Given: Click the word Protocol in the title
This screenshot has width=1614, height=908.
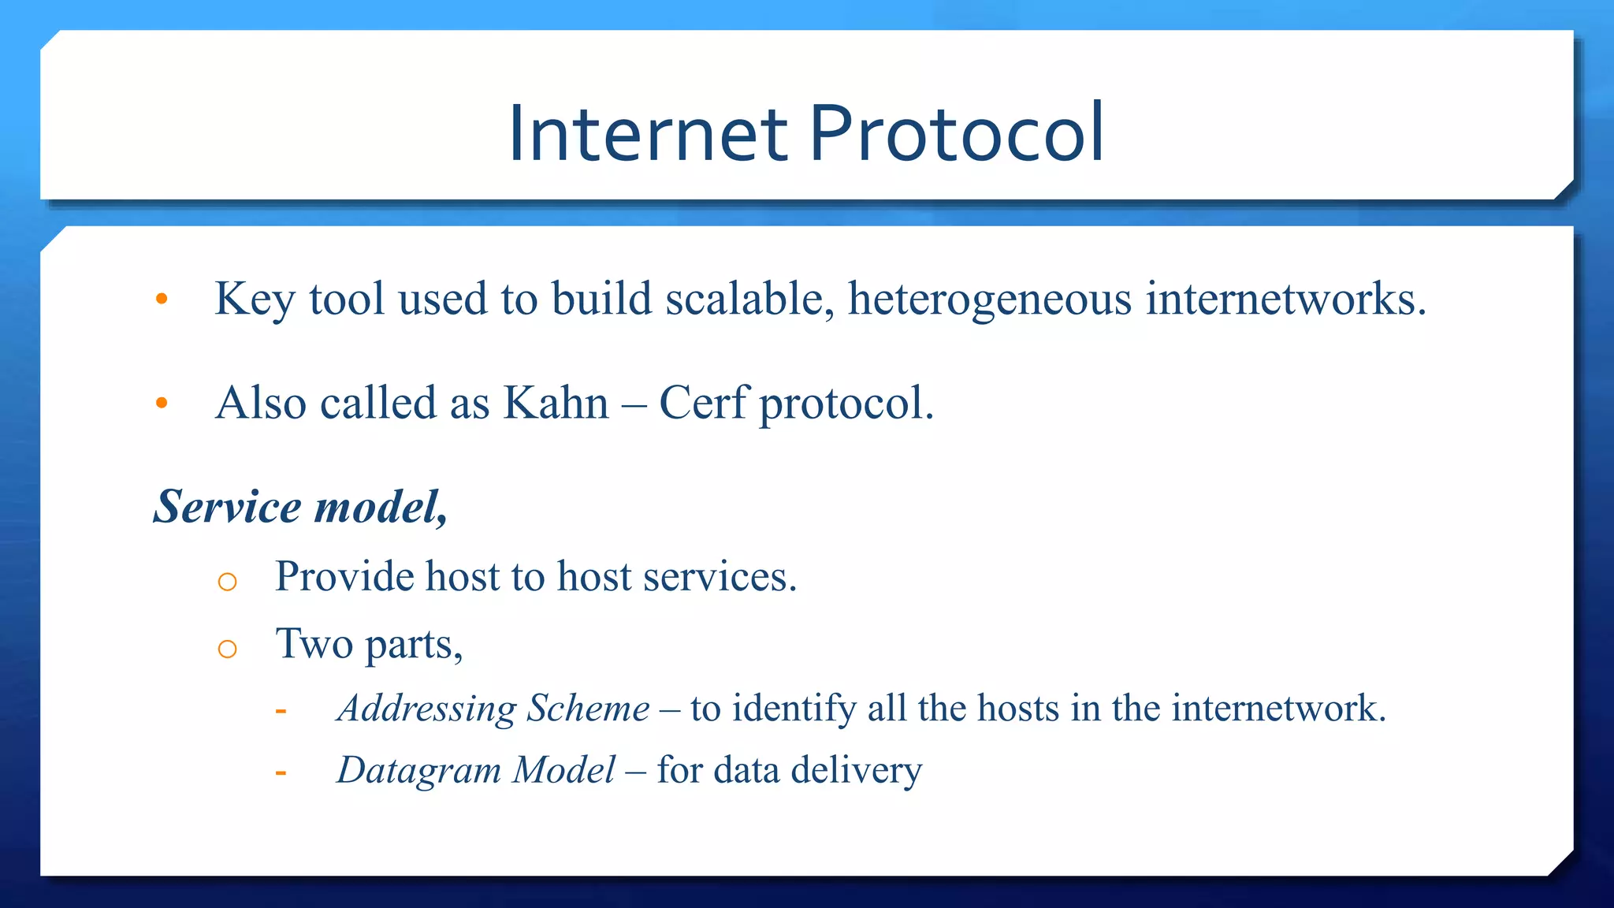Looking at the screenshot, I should [956, 134].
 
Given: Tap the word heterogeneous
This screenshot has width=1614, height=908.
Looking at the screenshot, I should [990, 300].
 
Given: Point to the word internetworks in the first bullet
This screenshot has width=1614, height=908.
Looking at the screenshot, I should [1285, 300].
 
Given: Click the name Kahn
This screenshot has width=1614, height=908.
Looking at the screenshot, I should [556, 404].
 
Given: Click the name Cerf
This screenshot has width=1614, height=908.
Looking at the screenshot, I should [703, 404].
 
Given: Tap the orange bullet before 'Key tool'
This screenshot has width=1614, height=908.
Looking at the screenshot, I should [162, 299].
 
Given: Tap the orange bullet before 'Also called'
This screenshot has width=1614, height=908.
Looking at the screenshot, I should [162, 404].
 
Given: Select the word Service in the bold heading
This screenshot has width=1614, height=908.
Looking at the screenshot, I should [227, 506].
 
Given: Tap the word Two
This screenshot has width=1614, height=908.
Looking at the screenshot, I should [314, 644].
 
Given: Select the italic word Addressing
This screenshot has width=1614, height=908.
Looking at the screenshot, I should [426, 709].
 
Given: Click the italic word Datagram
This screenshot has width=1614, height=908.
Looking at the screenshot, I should [418, 771].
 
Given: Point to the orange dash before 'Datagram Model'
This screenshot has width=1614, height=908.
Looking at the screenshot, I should [281, 773].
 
